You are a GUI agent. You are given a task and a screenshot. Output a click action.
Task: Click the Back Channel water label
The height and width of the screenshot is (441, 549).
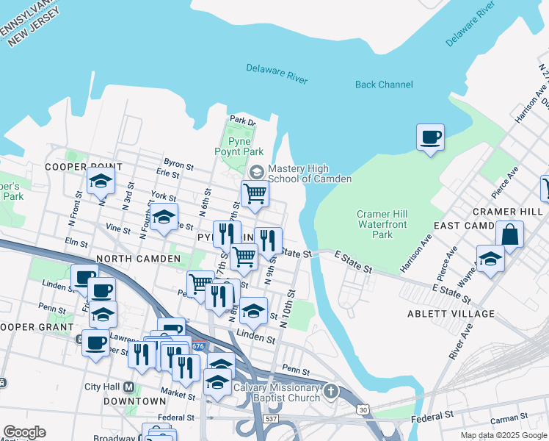pyautogui.click(x=384, y=85)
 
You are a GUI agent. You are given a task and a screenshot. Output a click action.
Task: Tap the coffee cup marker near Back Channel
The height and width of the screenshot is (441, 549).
pyautogui.click(x=431, y=137)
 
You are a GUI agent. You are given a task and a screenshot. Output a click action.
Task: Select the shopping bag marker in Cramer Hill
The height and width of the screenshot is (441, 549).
pyautogui.click(x=509, y=235)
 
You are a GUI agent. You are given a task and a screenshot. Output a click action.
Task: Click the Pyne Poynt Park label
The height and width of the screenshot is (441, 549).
pyautogui.click(x=239, y=146)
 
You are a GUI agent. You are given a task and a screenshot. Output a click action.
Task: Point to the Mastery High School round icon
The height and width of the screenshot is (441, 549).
pyautogui.click(x=256, y=171)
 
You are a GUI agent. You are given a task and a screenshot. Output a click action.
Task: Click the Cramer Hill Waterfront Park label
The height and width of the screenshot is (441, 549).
pyautogui.click(x=382, y=224)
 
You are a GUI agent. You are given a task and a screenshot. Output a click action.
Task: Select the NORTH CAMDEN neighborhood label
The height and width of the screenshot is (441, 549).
pyautogui.click(x=139, y=259)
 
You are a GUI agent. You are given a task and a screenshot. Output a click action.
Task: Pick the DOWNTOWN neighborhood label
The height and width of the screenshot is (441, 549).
pyautogui.click(x=134, y=401)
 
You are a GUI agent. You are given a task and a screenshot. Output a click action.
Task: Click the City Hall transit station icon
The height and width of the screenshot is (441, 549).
pyautogui.click(x=129, y=387)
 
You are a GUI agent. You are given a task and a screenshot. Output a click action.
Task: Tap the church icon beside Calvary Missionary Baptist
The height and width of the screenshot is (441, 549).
pyautogui.click(x=331, y=390)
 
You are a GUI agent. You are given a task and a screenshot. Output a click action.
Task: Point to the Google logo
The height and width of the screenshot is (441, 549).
pyautogui.click(x=24, y=432)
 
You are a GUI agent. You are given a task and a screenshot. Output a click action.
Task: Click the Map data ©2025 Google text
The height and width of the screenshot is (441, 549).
pyautogui.click(x=503, y=435)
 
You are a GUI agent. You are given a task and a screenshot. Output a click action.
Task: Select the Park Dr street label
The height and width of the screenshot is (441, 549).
pyautogui.click(x=241, y=120)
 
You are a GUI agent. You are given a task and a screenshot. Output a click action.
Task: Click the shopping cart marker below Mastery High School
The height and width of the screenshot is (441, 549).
pyautogui.click(x=255, y=194)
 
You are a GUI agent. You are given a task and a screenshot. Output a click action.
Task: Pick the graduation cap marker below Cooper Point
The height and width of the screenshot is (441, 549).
pyautogui.click(x=101, y=182)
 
